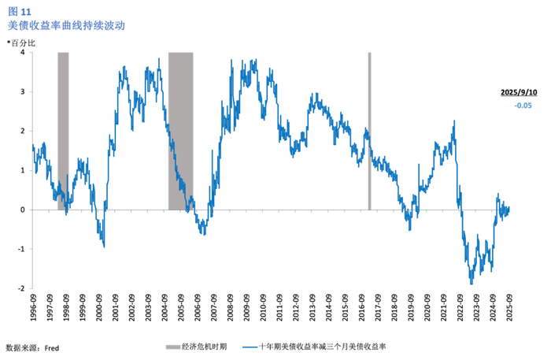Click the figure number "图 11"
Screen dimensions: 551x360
(20, 12)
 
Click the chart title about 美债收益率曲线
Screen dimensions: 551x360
(66, 26)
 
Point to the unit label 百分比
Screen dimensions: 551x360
(23, 43)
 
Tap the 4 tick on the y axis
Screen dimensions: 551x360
(23, 52)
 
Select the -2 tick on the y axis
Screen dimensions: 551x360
(21, 288)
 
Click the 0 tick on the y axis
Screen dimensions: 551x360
(23, 210)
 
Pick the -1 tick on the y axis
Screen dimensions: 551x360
(21, 249)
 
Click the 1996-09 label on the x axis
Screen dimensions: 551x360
(33, 308)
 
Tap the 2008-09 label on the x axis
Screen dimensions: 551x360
(230, 308)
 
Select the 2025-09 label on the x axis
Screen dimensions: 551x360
(508, 308)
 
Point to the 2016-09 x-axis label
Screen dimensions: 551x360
(361, 308)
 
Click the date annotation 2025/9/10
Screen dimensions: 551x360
(519, 92)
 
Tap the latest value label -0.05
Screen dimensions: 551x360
(523, 106)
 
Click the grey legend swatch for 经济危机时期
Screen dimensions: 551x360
(173, 347)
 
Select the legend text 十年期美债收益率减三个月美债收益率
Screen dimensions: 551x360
(322, 347)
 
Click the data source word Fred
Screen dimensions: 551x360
(52, 348)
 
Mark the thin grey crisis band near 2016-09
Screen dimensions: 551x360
(370, 131)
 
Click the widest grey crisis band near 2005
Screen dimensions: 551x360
(180, 131)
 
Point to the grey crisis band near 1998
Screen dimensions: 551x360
(63, 131)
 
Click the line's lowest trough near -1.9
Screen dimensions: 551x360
(471, 284)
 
